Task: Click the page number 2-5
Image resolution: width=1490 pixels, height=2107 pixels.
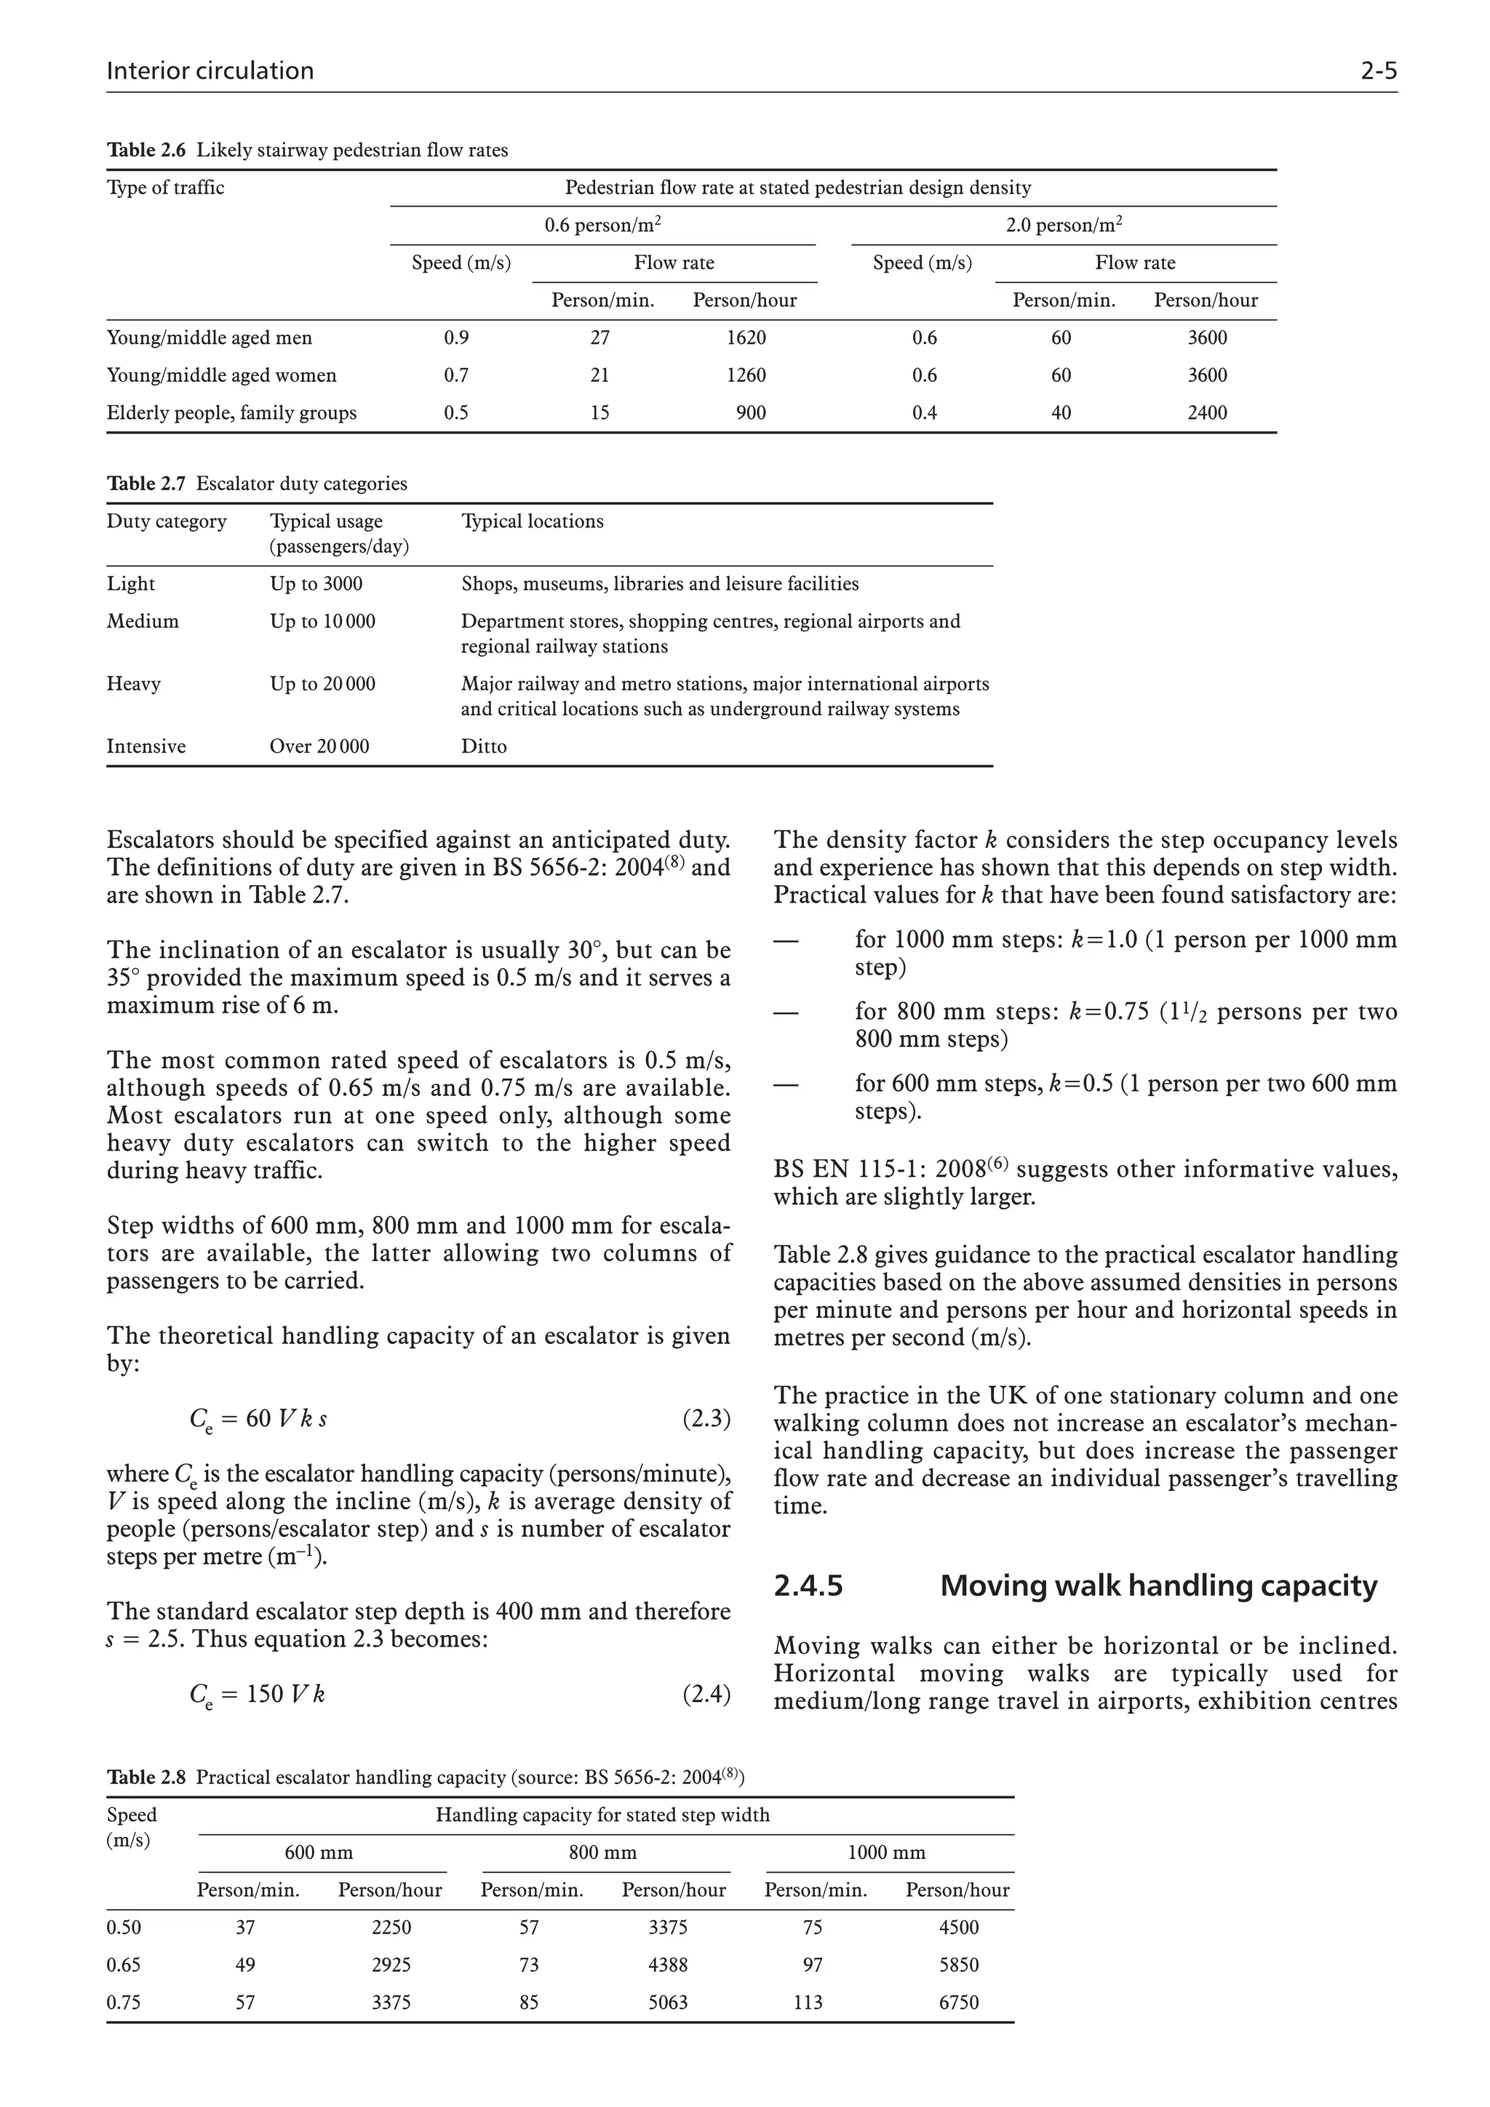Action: (x=1378, y=71)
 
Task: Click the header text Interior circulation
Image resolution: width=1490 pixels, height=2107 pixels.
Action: (x=210, y=71)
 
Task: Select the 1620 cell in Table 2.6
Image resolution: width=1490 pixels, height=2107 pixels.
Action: (x=746, y=337)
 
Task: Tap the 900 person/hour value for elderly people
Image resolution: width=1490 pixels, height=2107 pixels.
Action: (x=751, y=413)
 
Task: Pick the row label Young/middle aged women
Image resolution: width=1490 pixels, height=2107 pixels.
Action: (x=221, y=375)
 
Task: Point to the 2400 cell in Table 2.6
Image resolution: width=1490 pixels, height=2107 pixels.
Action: (x=1206, y=413)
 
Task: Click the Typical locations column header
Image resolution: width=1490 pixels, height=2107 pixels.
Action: (x=532, y=521)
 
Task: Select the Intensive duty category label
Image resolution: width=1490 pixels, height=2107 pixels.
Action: (x=146, y=746)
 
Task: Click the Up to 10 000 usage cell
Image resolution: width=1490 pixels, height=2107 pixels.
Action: (x=322, y=621)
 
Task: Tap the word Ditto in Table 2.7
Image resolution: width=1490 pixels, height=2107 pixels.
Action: (x=484, y=746)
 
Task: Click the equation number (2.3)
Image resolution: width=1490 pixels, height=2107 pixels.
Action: (x=706, y=1419)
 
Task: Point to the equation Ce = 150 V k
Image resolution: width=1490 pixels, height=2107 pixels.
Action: (x=257, y=1694)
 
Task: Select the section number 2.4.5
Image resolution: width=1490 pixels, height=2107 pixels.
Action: (x=808, y=1586)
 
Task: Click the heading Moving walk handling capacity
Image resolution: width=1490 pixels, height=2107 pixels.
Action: (x=1158, y=1586)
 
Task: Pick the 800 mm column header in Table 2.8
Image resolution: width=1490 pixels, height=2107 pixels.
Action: (x=602, y=1852)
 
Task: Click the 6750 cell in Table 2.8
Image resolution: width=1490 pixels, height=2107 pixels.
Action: (x=958, y=2002)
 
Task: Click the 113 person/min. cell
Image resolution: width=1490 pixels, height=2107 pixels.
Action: (x=808, y=2002)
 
